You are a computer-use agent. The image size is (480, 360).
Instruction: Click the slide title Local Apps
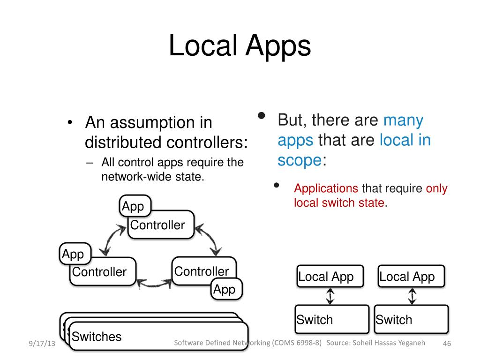coord(240,46)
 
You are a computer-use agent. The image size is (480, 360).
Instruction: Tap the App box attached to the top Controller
coord(135,206)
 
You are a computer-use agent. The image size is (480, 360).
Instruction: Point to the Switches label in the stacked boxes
coord(97,337)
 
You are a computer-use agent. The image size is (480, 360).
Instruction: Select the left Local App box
coord(326,277)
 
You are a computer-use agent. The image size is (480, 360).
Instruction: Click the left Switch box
coord(331,320)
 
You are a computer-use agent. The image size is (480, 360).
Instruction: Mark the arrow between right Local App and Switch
coord(412,296)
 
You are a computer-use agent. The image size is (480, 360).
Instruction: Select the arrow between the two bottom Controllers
coord(154,283)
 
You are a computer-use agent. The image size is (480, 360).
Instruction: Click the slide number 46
coord(447,344)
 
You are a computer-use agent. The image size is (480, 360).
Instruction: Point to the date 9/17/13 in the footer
coord(42,344)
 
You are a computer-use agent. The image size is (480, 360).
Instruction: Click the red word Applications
coord(326,188)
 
